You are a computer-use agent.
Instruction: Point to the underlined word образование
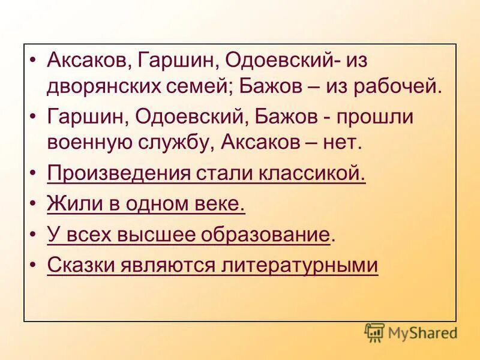[270, 235]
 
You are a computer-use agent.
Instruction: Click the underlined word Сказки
[79, 265]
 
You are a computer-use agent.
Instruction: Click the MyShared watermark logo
[411, 331]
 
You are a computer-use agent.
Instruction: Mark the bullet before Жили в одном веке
[34, 205]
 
